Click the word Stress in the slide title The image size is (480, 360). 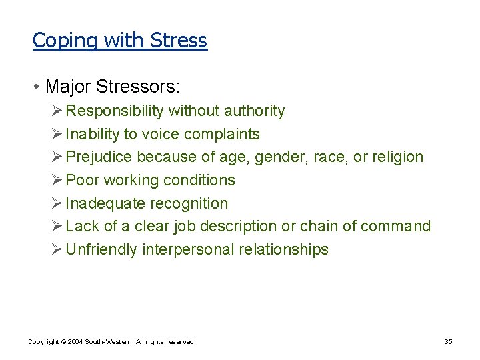pos(179,41)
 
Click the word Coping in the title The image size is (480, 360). pos(55,41)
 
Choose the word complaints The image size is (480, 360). pos(222,135)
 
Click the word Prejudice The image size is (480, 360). pos(99,157)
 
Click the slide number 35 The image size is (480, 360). pos(448,342)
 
